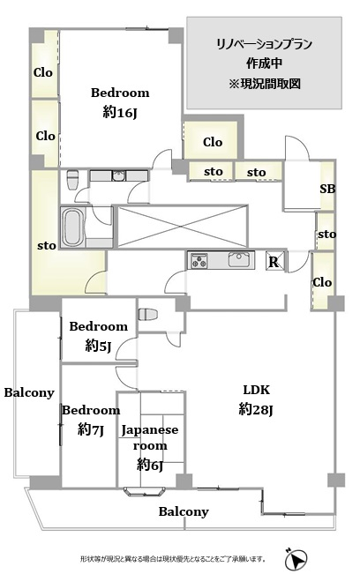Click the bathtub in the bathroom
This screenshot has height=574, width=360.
tap(71, 227)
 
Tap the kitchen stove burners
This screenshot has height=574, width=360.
tap(198, 260)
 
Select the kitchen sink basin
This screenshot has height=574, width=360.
tap(239, 259)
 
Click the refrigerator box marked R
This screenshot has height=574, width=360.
tap(274, 261)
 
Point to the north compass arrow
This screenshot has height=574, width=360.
tap(296, 558)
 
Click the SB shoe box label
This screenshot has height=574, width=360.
tap(327, 189)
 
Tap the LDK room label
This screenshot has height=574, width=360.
tap(257, 390)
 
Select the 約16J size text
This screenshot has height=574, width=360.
tap(120, 112)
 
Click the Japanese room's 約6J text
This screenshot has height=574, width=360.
tap(149, 465)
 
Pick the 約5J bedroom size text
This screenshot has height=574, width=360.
tap(98, 345)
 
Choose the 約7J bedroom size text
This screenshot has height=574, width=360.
tap(91, 429)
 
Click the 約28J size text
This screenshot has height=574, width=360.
tap(256, 409)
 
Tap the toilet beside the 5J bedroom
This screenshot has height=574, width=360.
tap(147, 314)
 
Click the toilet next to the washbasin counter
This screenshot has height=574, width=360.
tap(72, 179)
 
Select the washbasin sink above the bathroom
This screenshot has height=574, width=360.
tap(118, 176)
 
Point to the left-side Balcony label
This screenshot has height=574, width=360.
tap(29, 392)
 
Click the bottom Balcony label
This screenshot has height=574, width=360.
tap(184, 511)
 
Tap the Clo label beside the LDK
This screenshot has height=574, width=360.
tap(322, 282)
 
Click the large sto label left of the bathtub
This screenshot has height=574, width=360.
tap(47, 246)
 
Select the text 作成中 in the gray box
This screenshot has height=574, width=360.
tap(264, 63)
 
